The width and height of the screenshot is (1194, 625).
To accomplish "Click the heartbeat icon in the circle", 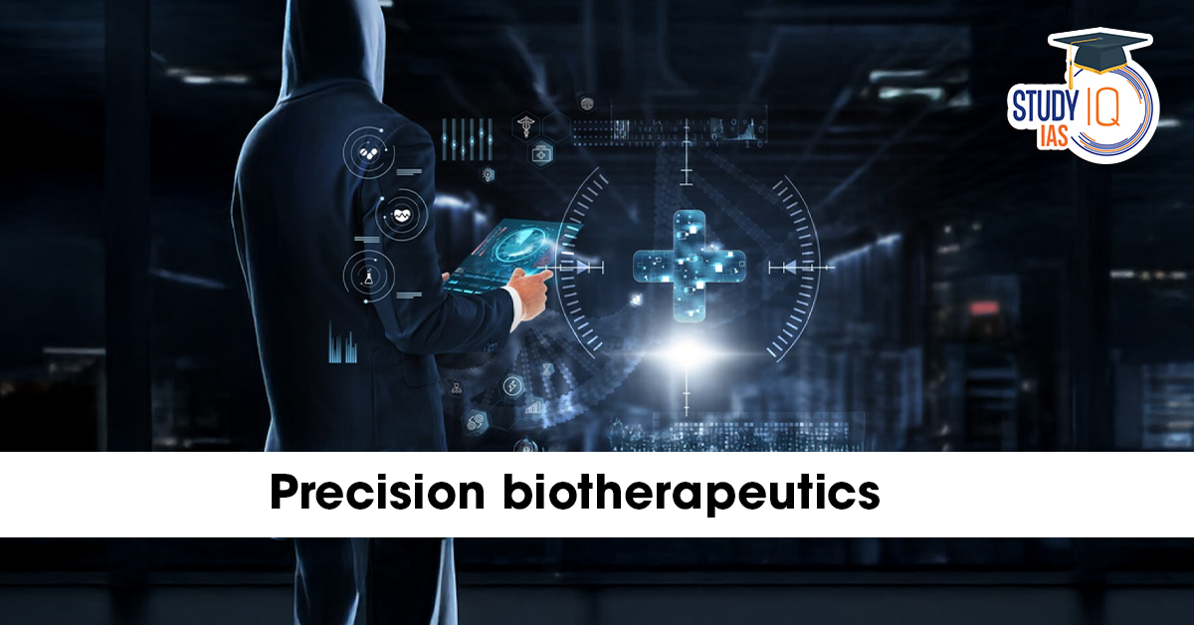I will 401,215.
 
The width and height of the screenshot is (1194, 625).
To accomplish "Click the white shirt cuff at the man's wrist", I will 513,308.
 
